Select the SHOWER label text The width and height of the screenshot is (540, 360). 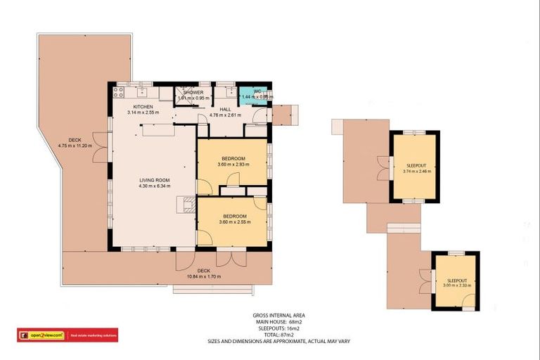pos(193,93)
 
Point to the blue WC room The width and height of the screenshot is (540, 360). pos(252,94)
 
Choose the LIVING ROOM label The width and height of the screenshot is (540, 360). pos(152,181)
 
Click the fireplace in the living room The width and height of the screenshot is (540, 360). pos(187,205)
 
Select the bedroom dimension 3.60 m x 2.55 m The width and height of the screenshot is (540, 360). pos(233,222)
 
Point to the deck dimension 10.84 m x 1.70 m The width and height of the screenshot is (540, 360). pos(204,276)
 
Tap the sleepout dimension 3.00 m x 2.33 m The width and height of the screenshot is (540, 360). pos(456,285)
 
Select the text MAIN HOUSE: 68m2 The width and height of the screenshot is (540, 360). pos(278,322)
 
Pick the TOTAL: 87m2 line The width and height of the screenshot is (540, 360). pos(278,335)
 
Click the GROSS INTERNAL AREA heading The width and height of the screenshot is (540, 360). pos(278,316)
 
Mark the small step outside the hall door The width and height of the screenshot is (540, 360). pos(285,115)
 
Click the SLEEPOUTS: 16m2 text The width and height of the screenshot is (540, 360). pos(278,328)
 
